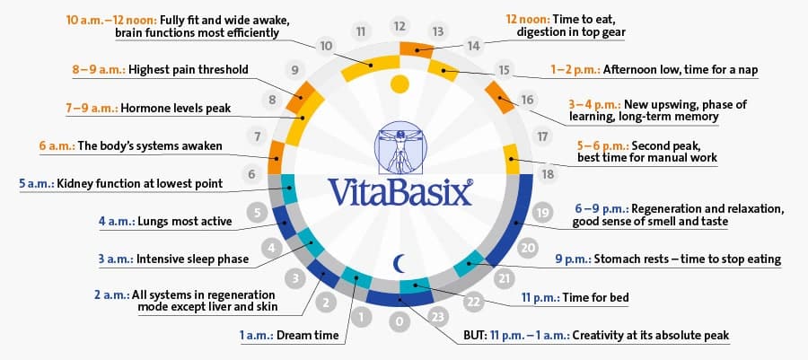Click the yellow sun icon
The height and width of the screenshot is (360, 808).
(400, 84)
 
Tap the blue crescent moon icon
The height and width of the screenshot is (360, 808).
(399, 263)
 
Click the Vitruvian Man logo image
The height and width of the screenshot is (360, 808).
(400, 148)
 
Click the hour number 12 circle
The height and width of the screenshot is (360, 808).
(400, 26)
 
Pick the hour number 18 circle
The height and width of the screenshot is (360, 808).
(548, 174)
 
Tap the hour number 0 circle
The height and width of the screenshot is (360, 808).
(400, 322)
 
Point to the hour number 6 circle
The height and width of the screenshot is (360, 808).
(251, 174)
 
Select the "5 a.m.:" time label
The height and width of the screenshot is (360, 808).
(37, 183)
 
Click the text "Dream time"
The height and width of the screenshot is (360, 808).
(308, 335)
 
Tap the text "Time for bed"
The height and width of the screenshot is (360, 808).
(596, 297)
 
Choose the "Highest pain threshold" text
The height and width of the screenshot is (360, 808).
(189, 69)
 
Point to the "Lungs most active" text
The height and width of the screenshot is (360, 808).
(185, 222)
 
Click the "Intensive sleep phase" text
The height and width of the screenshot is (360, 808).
(192, 259)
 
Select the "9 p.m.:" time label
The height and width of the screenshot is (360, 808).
(573, 259)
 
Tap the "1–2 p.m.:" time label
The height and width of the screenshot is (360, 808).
(575, 69)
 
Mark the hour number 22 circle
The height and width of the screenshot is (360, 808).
(473, 303)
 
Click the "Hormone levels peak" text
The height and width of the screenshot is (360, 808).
(176, 109)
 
